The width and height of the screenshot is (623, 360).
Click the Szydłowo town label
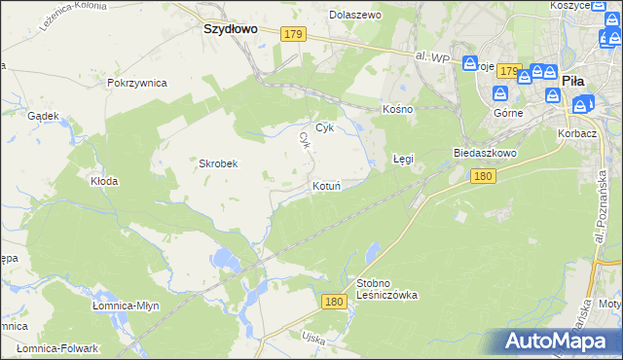230,29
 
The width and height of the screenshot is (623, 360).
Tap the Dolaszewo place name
355,16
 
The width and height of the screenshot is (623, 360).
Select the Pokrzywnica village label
137,84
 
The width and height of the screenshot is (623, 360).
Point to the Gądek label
45,115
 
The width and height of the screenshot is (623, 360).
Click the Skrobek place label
219,163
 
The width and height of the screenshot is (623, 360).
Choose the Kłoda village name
104,181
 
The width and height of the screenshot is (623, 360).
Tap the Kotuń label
326,185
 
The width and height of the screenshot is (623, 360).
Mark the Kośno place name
398,109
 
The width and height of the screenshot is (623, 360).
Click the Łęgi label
403,158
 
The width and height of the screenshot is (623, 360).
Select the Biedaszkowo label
484,154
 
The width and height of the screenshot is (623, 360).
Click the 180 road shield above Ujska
334,303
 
